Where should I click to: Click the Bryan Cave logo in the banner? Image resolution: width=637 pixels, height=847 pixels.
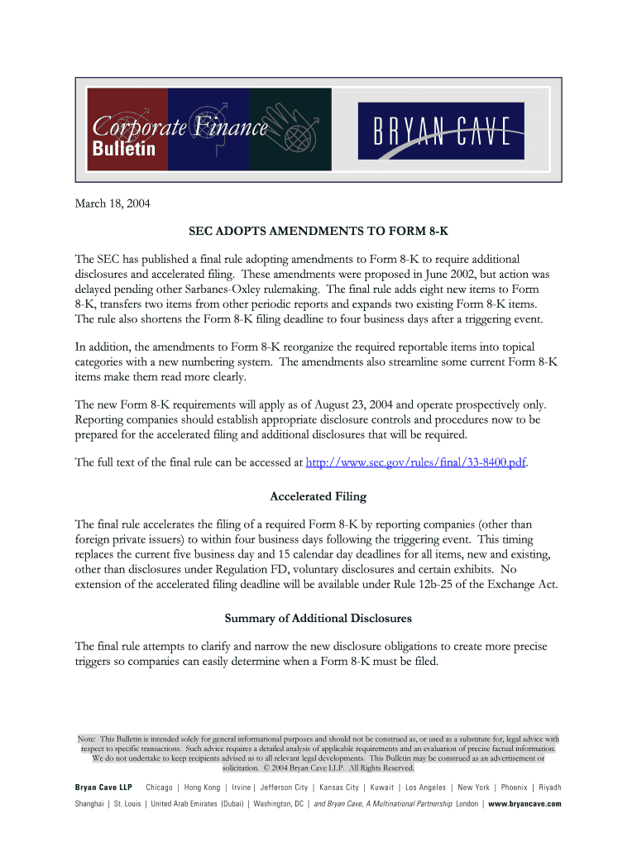tap(440, 129)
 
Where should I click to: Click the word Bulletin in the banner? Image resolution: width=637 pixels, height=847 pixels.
tap(122, 150)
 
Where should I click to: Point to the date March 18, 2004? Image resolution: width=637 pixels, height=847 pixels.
tap(113, 203)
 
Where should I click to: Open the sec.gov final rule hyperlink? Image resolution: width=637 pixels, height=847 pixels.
tap(416, 462)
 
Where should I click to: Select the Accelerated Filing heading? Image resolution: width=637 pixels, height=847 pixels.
tap(318, 496)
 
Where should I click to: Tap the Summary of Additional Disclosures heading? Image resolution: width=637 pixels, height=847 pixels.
tap(318, 618)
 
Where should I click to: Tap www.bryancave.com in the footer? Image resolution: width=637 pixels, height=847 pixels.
tap(524, 804)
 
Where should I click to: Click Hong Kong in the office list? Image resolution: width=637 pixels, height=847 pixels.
tap(203, 787)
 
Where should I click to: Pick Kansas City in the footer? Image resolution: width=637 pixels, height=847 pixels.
tap(339, 787)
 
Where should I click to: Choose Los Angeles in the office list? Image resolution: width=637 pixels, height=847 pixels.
tap(426, 787)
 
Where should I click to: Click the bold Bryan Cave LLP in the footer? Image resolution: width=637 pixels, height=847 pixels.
tap(103, 787)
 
